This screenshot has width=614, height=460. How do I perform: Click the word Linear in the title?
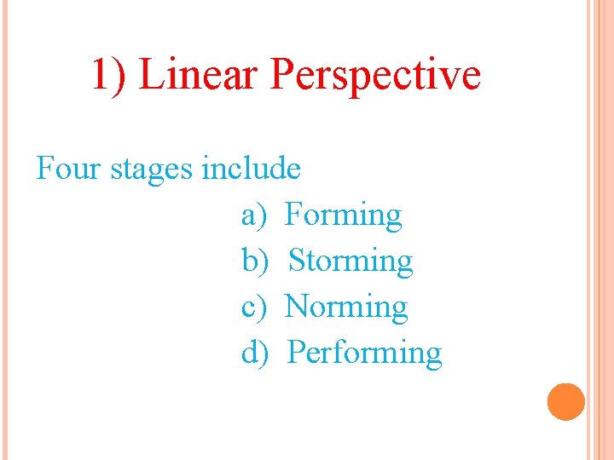click(x=198, y=74)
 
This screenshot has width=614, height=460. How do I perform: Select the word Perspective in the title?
click(x=375, y=76)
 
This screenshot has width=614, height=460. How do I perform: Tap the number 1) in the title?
click(x=110, y=75)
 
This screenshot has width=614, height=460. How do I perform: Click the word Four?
click(x=67, y=168)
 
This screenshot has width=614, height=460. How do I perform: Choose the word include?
click(x=251, y=168)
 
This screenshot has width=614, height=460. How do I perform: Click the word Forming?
click(x=343, y=216)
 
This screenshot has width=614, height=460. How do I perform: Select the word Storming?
click(x=350, y=262)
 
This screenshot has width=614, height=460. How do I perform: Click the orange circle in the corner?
click(x=565, y=401)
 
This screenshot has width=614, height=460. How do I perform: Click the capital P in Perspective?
click(x=281, y=74)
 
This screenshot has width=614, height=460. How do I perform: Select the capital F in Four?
click(x=44, y=168)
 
